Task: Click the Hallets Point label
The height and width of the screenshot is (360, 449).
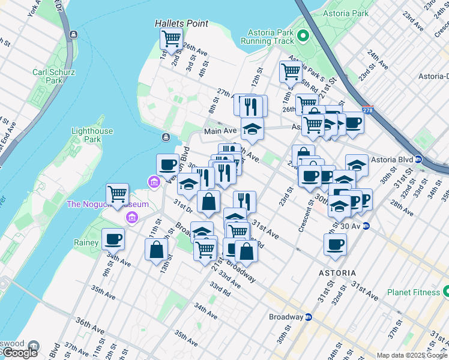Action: [x=181, y=23]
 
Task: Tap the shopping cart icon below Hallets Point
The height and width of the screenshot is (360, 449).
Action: [x=172, y=39]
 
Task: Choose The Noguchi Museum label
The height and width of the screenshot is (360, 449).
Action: [x=107, y=204]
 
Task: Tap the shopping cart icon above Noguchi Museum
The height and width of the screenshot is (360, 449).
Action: [x=117, y=194]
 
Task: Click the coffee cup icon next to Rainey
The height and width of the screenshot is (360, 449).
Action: [x=113, y=239]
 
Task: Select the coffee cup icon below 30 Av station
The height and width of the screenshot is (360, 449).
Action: [x=335, y=244]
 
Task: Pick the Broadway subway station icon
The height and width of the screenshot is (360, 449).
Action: [x=309, y=317]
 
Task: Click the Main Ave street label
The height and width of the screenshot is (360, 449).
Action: [x=220, y=131]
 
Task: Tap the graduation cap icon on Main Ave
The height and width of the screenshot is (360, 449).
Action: [x=252, y=128]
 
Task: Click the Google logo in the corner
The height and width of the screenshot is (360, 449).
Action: [x=19, y=352]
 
